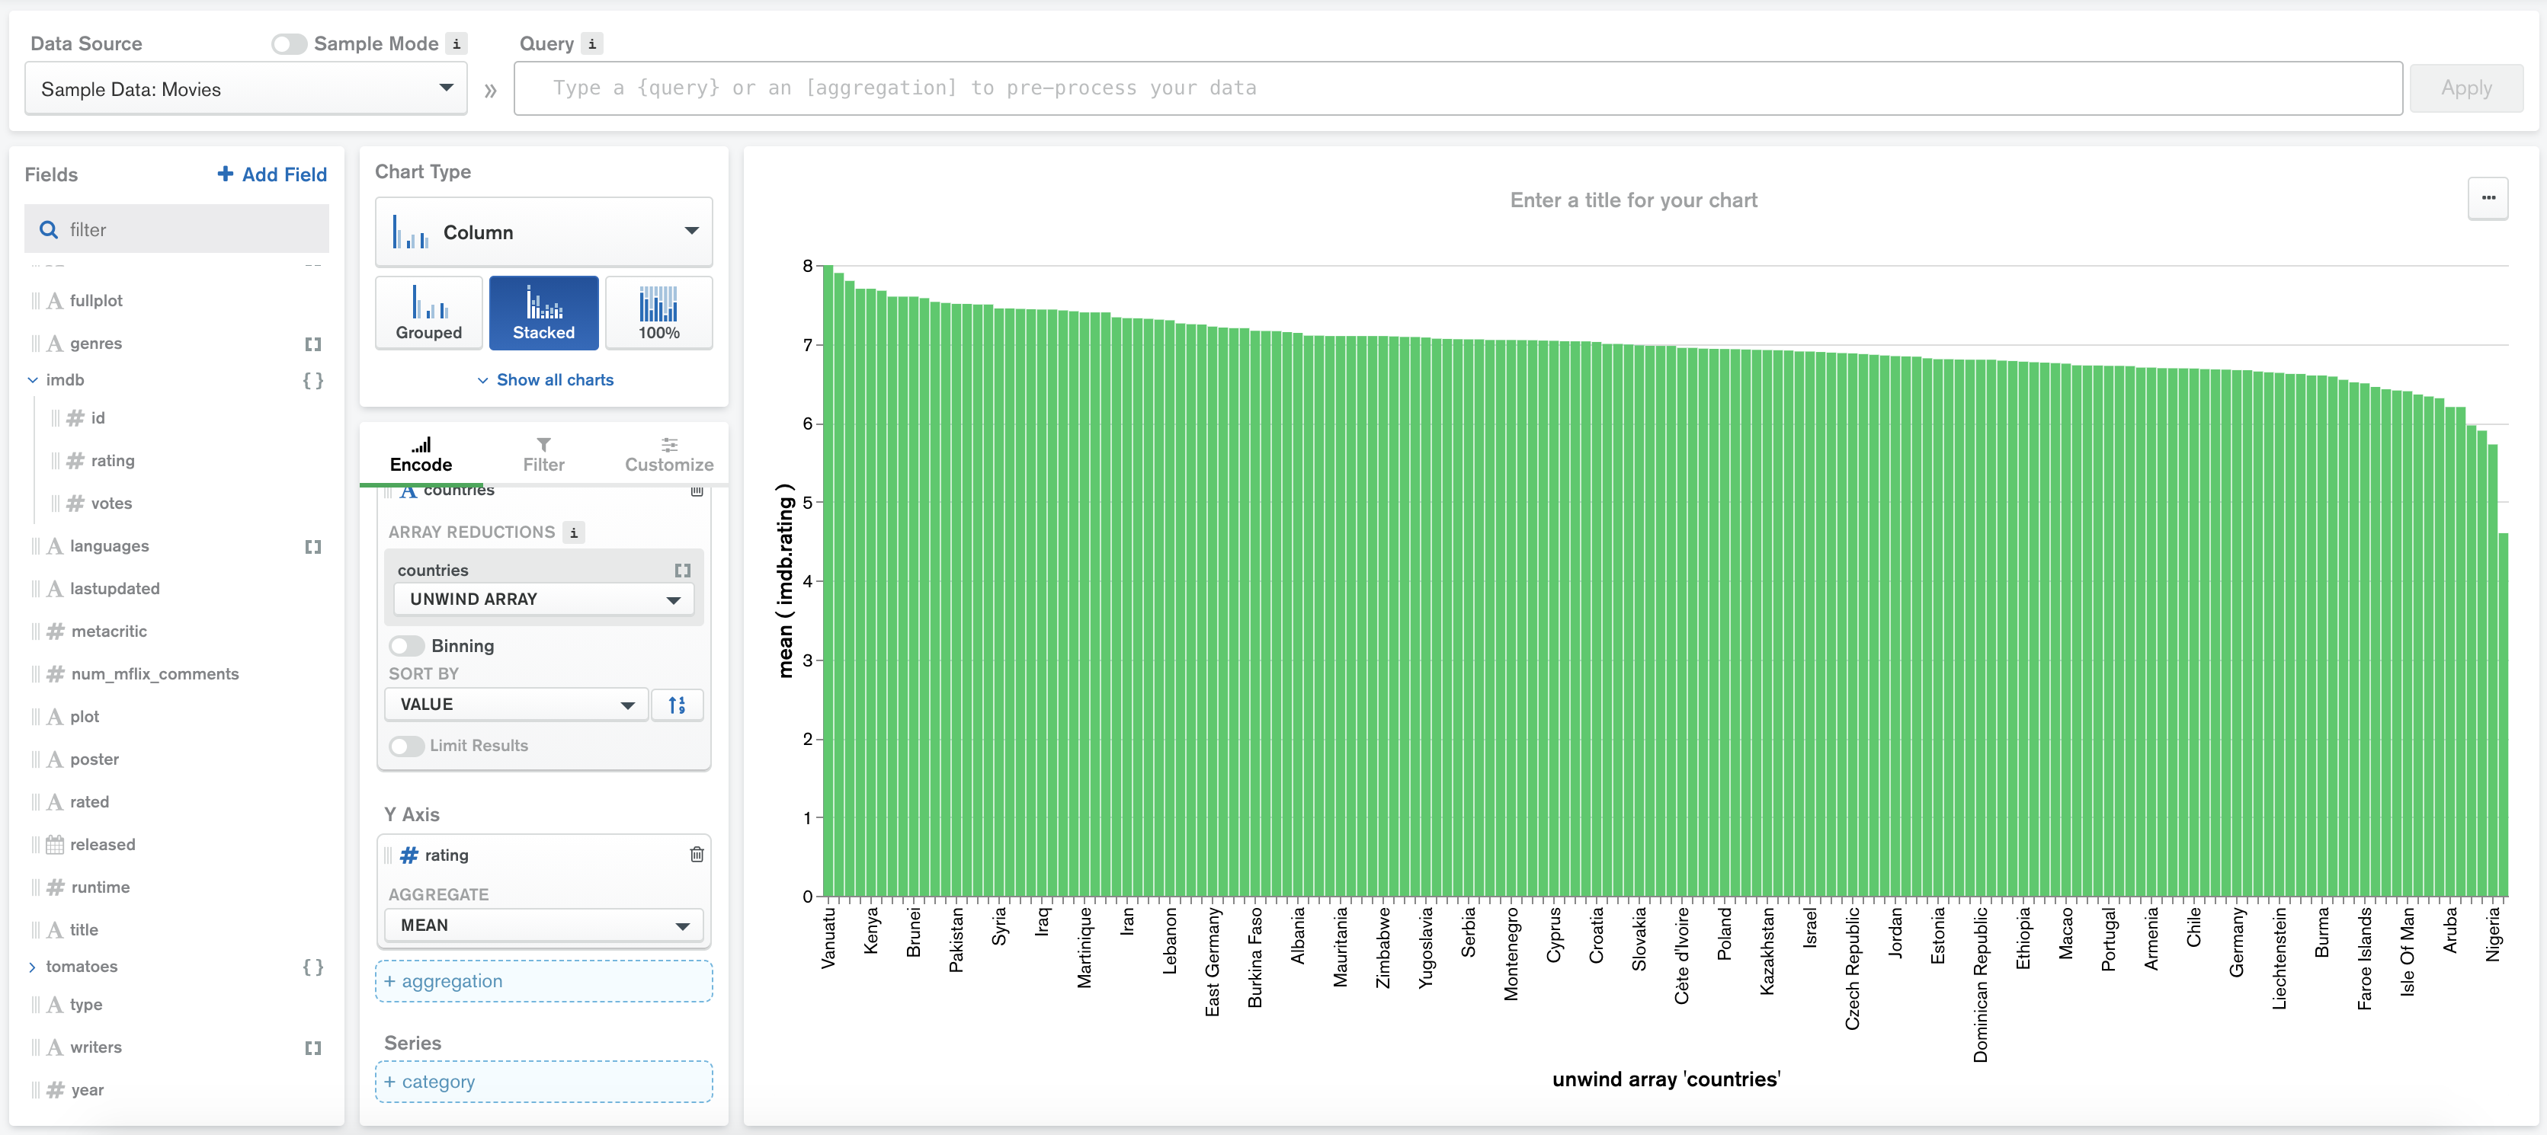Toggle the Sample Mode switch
point(289,43)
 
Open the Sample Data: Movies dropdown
point(245,89)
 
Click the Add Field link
point(272,174)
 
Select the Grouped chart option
point(428,312)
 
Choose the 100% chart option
point(658,312)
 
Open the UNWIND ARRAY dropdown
point(543,599)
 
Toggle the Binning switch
point(406,646)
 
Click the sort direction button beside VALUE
point(676,705)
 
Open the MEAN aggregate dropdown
point(543,926)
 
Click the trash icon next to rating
point(696,854)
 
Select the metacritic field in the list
point(109,631)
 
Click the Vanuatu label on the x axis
point(828,937)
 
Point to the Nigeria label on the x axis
point(2494,935)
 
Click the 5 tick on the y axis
point(807,502)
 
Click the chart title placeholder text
point(1632,200)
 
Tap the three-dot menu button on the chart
point(2488,199)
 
